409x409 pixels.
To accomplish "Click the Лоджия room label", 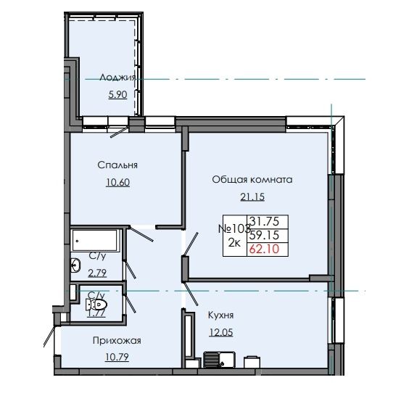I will click(117, 77).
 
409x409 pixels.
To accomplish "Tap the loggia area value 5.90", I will click(117, 94).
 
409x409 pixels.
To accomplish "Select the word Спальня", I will click(117, 165).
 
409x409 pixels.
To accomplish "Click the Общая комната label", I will click(252, 179).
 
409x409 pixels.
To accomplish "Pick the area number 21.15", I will click(252, 197).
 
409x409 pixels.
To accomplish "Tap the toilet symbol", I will click(97, 305).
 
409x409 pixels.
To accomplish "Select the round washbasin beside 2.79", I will click(75, 266).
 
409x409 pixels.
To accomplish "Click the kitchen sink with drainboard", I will click(216, 359).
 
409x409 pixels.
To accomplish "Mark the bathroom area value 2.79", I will click(97, 273).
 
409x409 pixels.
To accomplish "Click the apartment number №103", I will click(233, 228).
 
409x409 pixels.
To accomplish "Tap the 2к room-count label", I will click(234, 244).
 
